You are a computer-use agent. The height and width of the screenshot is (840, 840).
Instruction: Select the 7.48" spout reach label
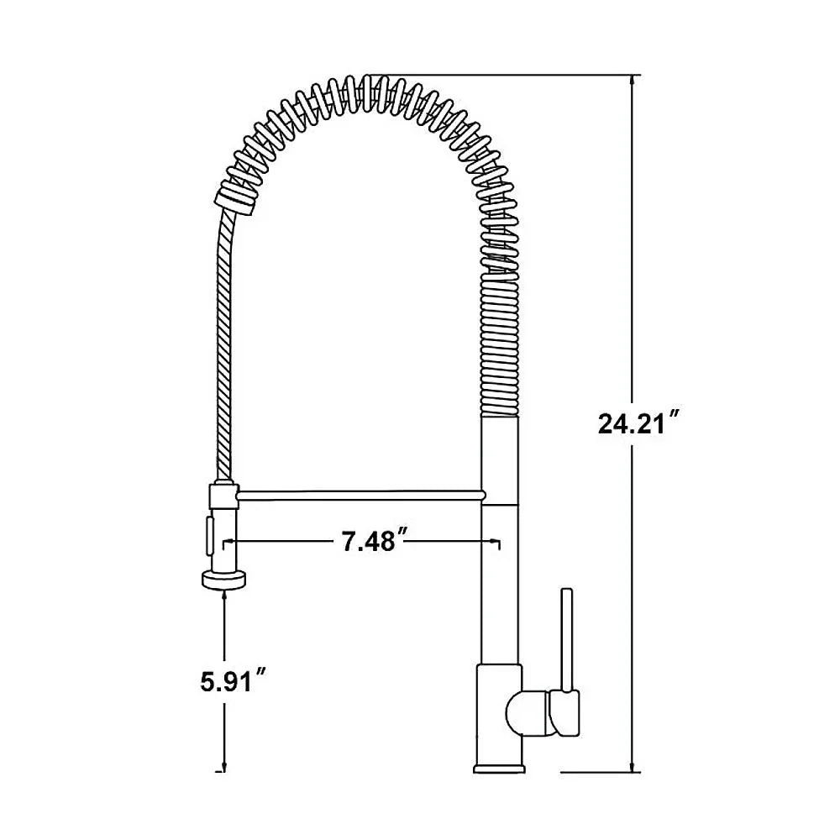369,543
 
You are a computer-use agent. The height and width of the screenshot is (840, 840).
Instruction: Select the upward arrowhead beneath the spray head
223,594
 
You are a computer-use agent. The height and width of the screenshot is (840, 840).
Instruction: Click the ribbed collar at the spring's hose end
236,200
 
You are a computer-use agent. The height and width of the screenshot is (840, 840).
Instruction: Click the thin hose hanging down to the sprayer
223,336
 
